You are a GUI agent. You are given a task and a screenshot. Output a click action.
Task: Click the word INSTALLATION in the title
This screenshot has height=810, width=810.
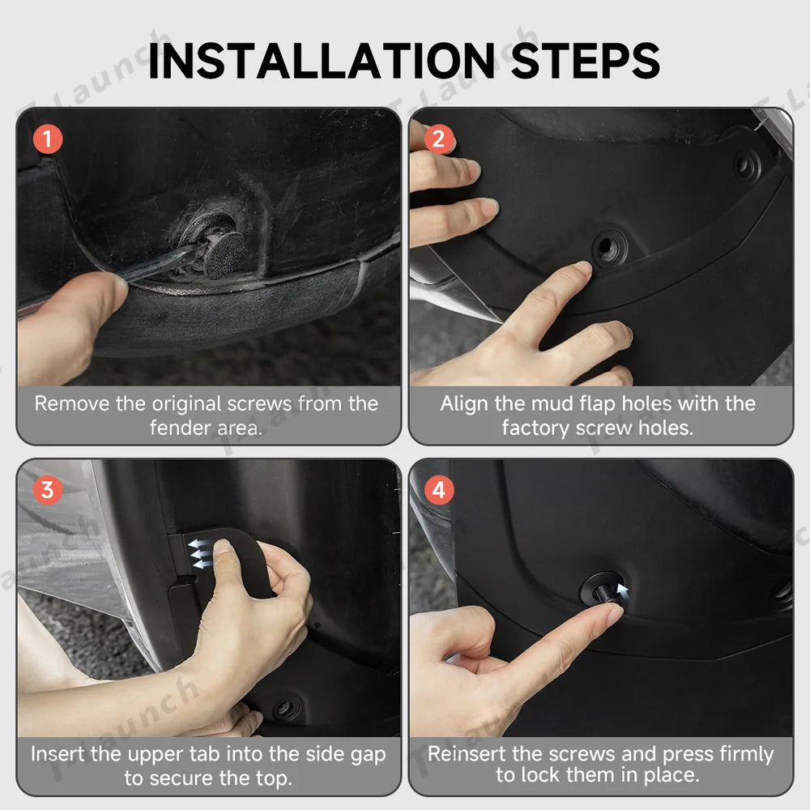pos(322,61)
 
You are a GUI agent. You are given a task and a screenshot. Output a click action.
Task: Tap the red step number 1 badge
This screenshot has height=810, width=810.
pos(48,139)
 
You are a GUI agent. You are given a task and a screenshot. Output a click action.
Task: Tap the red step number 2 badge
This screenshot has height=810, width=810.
pos(438,139)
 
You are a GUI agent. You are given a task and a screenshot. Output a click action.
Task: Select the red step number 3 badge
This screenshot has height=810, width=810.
pos(48,490)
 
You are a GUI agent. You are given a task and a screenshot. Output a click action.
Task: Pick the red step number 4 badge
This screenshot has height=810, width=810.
pos(438,490)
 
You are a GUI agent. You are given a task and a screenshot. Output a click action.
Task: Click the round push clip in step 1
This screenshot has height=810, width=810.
pos(224,254)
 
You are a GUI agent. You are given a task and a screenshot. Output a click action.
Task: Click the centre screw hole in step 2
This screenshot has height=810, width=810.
pos(609,246)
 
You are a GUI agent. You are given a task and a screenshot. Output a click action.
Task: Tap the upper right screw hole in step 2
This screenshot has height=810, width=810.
pos(746,166)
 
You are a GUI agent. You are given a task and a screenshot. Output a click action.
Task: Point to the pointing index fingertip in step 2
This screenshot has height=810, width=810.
pos(581,271)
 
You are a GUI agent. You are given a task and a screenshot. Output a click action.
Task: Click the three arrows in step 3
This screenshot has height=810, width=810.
pos(199,553)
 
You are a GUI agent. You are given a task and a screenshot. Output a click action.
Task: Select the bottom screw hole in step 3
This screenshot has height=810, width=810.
pos(284,709)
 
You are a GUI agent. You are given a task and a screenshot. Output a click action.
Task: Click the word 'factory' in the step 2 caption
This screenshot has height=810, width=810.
pos(535,428)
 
